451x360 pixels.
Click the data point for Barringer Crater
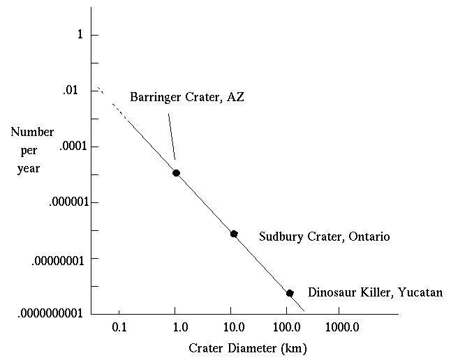[177, 172]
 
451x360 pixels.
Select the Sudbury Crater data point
[234, 234]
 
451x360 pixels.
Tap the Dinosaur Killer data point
[290, 293]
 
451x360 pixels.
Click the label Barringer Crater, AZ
[186, 97]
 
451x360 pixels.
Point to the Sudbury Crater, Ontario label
[324, 237]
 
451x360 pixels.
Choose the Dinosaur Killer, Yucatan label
[376, 293]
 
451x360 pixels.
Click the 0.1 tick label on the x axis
[119, 327]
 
